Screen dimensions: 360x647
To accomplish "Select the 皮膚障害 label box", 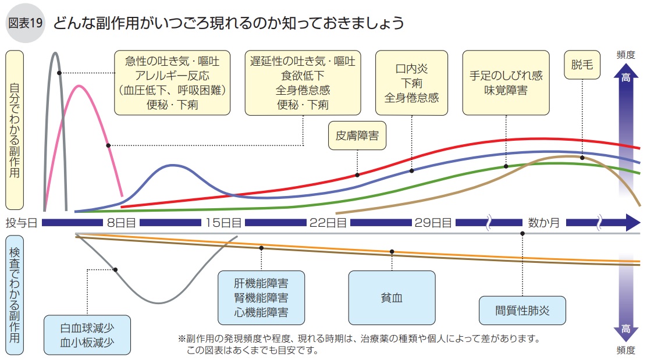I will (357, 136).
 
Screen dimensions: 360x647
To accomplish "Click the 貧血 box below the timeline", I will (392, 297).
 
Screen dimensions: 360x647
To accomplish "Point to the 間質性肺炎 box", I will (522, 311).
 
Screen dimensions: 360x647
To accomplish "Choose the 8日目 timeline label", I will (121, 223).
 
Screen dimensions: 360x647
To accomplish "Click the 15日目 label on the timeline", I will (223, 223).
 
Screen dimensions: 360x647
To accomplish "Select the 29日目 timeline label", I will (433, 223).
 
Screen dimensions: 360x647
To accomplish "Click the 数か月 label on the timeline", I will (543, 223).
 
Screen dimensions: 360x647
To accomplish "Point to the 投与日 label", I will (21, 223).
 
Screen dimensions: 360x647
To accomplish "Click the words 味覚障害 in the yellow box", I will (506, 90).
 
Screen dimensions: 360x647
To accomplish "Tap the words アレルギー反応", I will (172, 75).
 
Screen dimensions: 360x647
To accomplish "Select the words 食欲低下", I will (303, 75).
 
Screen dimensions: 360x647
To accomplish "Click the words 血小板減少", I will (87, 343).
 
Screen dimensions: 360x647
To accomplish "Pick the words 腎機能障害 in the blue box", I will (261, 298).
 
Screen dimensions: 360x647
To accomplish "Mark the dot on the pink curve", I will (109, 145).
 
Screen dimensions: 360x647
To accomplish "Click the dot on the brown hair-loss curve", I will (582, 157).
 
